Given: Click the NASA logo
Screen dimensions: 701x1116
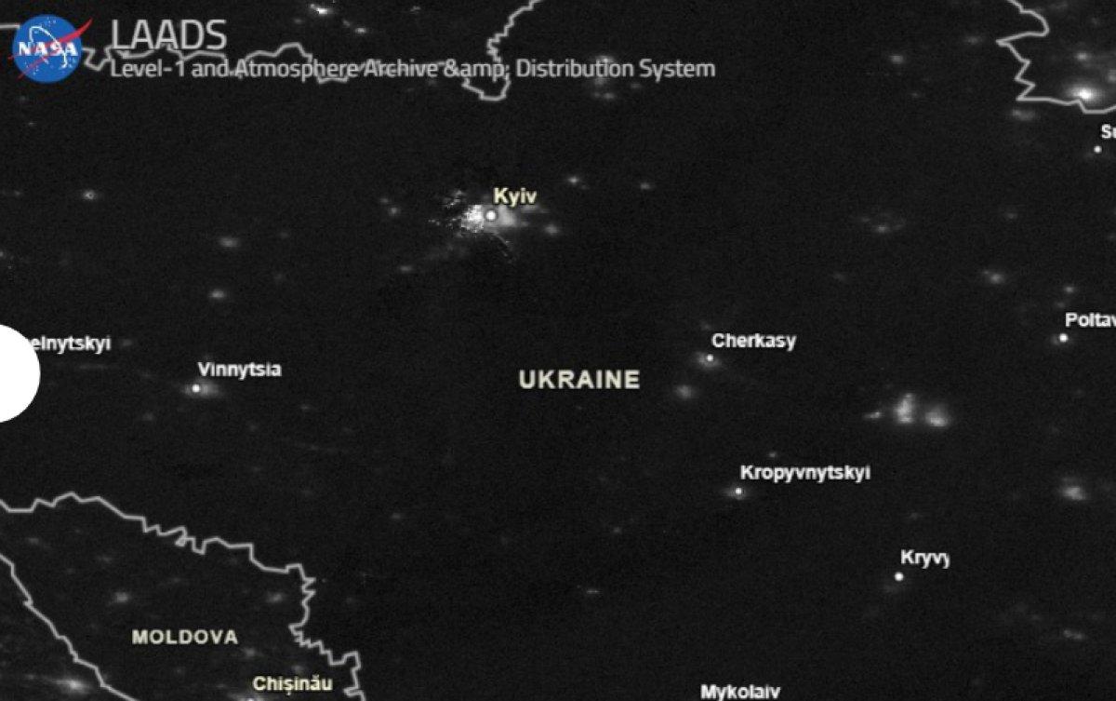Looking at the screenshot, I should click(48, 47).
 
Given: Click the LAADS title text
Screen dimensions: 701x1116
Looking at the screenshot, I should click(168, 36).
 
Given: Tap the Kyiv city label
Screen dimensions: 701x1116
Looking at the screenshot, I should click(514, 196).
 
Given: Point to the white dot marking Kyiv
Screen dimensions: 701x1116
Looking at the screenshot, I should click(491, 215).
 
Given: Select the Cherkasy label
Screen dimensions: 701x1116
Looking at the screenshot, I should click(753, 341).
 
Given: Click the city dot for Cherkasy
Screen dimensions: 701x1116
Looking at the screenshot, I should click(710, 358).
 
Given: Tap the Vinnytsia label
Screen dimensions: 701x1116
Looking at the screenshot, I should click(239, 370).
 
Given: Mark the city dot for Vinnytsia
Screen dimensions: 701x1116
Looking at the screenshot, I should click(196, 388).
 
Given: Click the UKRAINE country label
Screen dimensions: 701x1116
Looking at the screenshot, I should click(579, 380).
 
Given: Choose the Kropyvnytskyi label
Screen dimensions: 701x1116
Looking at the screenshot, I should click(804, 473).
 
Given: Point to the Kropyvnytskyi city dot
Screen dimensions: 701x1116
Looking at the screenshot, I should click(739, 492).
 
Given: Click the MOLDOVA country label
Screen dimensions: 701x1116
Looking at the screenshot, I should click(185, 638).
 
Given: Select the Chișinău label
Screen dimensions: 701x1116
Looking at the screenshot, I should click(292, 684).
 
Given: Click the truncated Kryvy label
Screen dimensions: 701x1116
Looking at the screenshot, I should click(923, 559).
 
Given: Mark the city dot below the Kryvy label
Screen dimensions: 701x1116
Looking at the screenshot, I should click(899, 577).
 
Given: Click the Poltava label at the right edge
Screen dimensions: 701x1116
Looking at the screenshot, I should click(1089, 320).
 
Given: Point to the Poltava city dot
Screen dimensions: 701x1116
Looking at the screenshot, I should click(1063, 338).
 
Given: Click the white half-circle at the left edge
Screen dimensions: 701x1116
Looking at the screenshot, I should click(17, 373).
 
